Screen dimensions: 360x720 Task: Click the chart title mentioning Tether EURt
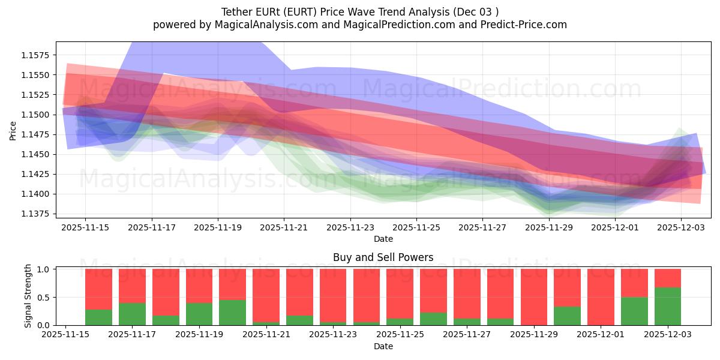point(360,11)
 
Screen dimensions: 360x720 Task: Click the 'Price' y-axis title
point(13,130)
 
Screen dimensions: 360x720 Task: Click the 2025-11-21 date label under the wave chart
point(284,228)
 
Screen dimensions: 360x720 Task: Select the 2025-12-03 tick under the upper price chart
point(681,228)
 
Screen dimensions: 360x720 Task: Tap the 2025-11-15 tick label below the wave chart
point(85,228)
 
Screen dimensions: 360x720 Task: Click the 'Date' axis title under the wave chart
point(383,239)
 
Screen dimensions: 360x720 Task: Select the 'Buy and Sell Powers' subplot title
point(383,257)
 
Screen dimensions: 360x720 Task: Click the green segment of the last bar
point(668,307)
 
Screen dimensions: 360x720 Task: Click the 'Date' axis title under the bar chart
point(383,346)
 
